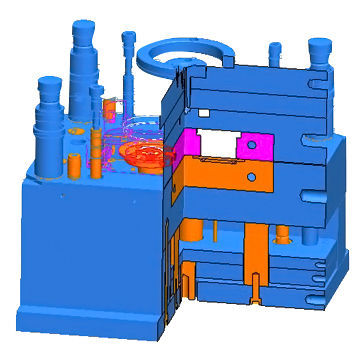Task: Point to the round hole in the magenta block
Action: point(254,143)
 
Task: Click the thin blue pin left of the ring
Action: point(128,60)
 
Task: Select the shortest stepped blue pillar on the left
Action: point(47,125)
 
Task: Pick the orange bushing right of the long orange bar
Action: point(283,237)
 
